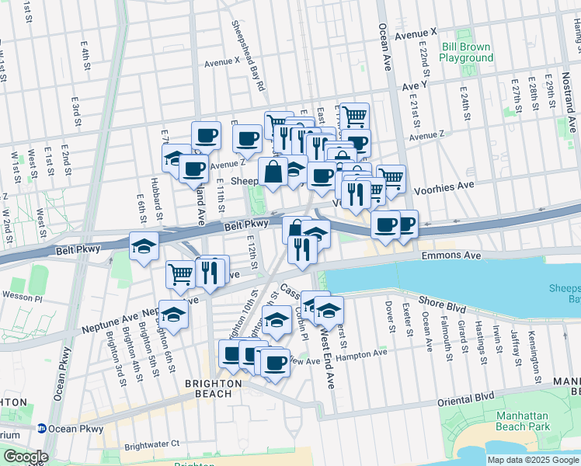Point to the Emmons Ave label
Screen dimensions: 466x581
[451, 255]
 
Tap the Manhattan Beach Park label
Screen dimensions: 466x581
[523, 421]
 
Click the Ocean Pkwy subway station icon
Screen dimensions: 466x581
[41, 428]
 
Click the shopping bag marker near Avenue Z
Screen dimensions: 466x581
[273, 172]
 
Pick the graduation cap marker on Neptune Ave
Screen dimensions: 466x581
[174, 315]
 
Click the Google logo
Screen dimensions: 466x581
[26, 457]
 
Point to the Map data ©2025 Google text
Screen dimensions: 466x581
[533, 460]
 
